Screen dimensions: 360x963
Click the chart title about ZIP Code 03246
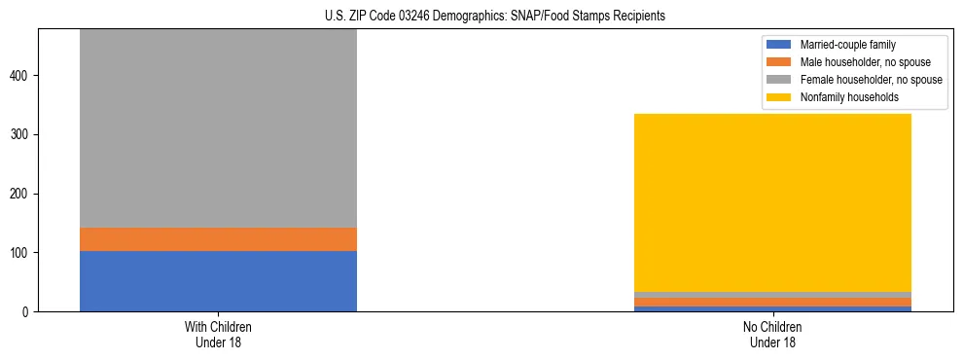point(481,16)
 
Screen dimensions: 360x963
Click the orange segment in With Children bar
point(218,239)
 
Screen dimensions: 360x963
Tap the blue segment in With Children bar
point(218,281)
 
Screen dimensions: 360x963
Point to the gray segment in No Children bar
point(772,295)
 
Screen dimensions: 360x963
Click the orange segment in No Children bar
point(772,302)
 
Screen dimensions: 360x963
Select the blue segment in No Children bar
point(772,308)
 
